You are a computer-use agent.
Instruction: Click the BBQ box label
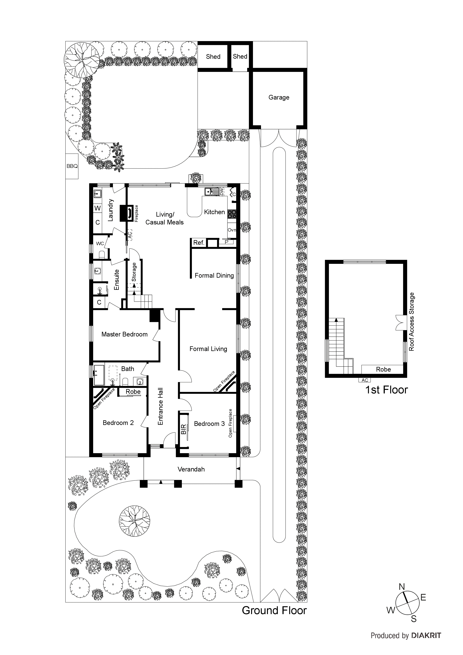pyautogui.click(x=72, y=166)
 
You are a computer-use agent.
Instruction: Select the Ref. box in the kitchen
pyautogui.click(x=199, y=243)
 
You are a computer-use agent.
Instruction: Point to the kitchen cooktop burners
pyautogui.click(x=232, y=214)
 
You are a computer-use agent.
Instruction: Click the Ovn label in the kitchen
pyautogui.click(x=232, y=230)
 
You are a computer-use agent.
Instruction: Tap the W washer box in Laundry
pyautogui.click(x=98, y=208)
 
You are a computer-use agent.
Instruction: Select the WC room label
pyautogui.click(x=100, y=243)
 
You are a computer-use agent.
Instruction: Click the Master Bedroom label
pyautogui.click(x=124, y=334)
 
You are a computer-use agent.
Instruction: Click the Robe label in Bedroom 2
pyautogui.click(x=133, y=392)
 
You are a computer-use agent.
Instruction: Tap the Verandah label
pyautogui.click(x=191, y=469)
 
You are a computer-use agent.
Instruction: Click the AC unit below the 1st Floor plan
pyautogui.click(x=365, y=380)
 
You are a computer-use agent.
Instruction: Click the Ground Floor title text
pyautogui.click(x=274, y=611)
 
